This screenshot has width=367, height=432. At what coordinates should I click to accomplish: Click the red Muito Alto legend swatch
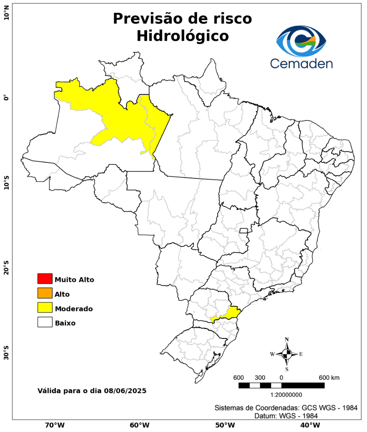point(45,278)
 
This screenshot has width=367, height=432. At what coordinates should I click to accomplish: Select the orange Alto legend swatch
point(45,293)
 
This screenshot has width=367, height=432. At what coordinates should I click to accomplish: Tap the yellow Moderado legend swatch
point(45,308)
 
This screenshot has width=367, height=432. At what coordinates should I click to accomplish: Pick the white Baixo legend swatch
point(45,322)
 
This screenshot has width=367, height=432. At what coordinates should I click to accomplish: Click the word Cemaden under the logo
point(301,63)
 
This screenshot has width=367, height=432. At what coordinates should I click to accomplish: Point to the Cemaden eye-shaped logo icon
point(301,41)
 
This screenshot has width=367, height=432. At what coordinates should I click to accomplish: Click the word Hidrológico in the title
point(182,36)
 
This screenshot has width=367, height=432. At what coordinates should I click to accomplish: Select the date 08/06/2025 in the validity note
point(125,390)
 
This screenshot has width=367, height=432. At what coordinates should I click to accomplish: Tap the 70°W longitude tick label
point(54,425)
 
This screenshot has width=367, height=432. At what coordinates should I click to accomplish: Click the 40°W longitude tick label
point(309,425)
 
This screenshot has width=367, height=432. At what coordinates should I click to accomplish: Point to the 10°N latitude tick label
point(6,16)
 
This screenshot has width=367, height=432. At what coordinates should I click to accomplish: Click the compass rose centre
point(287,354)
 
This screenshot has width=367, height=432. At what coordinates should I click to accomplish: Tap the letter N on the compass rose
point(287,340)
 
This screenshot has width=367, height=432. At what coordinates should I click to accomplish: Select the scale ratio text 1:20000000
point(286,395)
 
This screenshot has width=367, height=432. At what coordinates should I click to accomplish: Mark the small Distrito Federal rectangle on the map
point(244,230)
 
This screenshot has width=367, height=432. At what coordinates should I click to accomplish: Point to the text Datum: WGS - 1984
point(286,416)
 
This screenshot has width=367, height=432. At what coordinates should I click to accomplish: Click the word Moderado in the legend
point(74,309)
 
